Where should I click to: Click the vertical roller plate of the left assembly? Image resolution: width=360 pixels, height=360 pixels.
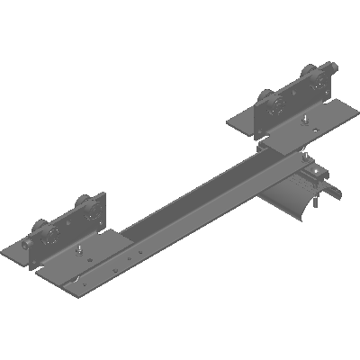(72, 225)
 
